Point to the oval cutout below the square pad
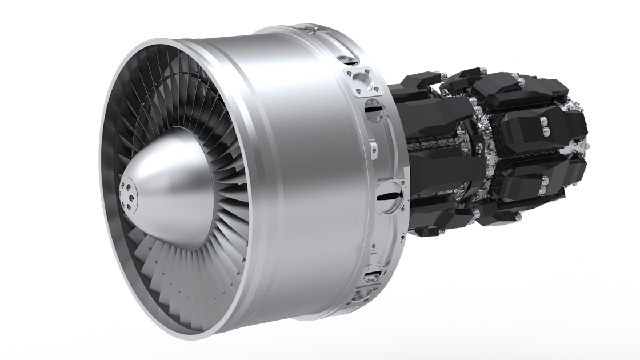(x=373, y=109)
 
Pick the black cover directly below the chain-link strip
(x=440, y=171)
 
